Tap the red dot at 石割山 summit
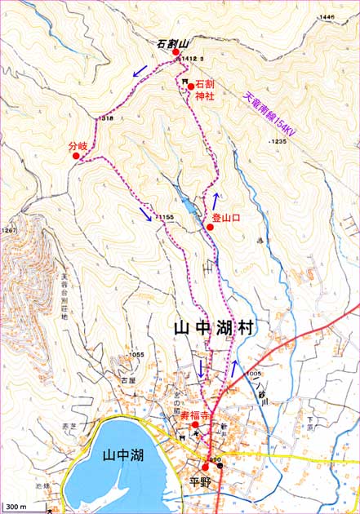(x=176, y=53)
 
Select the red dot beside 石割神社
(x=190, y=85)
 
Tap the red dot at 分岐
(x=76, y=156)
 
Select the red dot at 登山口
(x=210, y=227)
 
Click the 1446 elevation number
(x=328, y=17)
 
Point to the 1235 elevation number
(x=278, y=141)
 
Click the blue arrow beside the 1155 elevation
(x=145, y=214)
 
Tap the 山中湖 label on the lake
(x=119, y=456)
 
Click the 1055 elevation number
(x=136, y=354)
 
